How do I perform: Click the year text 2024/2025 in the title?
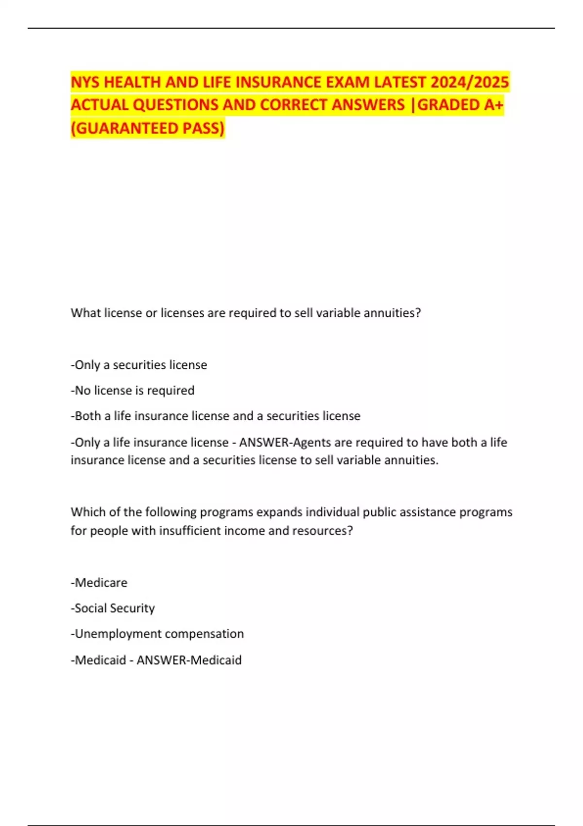coord(469,82)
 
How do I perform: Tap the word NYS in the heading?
coord(86,82)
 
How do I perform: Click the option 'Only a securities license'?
coord(139,365)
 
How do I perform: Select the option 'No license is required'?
coord(133,390)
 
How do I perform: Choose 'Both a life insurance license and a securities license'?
coord(216,416)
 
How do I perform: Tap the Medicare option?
coord(99,583)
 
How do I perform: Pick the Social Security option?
coord(113,608)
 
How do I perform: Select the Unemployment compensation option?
coord(157,634)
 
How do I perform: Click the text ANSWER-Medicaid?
coord(189,660)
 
